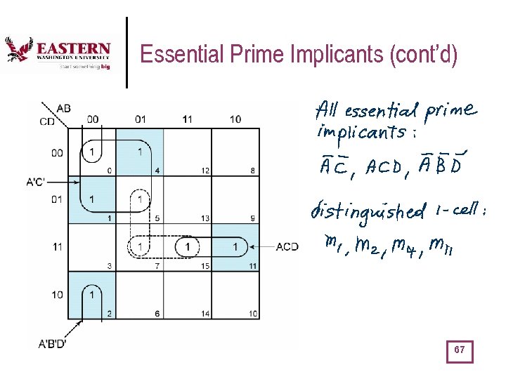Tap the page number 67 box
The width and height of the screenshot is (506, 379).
click(460, 350)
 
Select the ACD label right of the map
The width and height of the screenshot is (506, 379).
click(286, 246)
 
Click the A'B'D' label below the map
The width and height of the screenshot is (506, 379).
click(53, 344)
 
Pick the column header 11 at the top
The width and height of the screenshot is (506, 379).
click(187, 119)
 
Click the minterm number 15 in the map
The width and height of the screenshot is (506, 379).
click(206, 265)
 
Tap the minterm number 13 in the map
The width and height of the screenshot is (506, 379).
click(206, 218)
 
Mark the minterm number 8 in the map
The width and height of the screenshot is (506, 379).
click(253, 171)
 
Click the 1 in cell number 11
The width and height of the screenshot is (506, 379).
click(235, 247)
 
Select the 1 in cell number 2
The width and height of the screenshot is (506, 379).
click(91, 295)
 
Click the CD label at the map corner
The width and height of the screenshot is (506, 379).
click(47, 122)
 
